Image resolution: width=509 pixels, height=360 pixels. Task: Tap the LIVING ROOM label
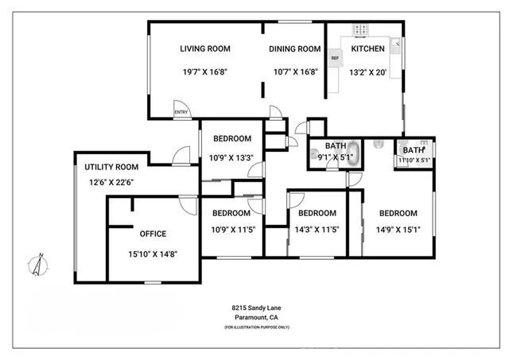point(204,49)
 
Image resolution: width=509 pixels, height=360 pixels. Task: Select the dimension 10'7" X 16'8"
point(293,72)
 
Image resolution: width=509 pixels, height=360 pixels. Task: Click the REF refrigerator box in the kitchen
point(335,58)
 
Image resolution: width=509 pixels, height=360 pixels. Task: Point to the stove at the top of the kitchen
point(361,30)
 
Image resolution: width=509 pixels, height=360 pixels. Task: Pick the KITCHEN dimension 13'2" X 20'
point(367,72)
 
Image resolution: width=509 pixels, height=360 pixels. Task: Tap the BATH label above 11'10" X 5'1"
point(414,150)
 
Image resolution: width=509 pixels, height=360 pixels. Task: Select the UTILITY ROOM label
point(111,167)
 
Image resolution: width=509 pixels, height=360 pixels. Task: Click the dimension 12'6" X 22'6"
point(111,182)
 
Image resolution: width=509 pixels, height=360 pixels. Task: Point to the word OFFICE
point(153,234)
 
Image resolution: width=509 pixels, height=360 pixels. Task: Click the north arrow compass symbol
point(37,265)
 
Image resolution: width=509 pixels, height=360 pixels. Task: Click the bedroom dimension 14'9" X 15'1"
point(398,231)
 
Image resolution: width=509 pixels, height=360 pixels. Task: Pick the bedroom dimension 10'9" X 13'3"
point(231,157)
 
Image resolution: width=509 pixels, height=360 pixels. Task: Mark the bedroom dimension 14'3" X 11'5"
point(317,231)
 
